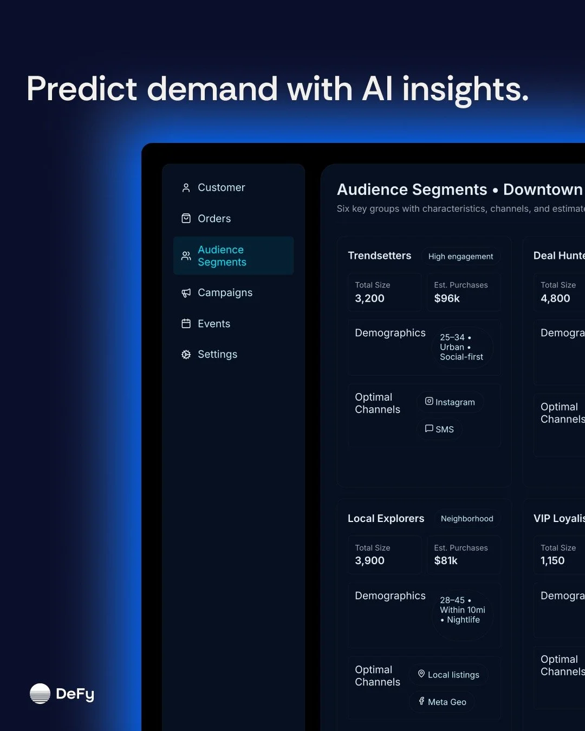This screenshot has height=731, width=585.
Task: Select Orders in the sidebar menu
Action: coord(214,219)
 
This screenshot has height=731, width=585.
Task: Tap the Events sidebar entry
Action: coord(213,324)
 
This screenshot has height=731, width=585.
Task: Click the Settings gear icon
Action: coord(186,355)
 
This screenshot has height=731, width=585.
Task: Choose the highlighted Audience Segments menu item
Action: coord(233,256)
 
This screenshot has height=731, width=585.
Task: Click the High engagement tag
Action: coord(460,257)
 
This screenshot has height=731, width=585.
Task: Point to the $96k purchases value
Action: coord(447,298)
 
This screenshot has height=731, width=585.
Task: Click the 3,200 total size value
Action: coord(369,298)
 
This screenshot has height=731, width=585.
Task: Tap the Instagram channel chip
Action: coord(450,402)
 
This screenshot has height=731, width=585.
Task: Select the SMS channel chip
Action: coord(439,429)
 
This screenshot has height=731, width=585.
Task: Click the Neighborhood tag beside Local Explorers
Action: coord(467,519)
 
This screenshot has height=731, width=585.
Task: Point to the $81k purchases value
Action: coord(446,561)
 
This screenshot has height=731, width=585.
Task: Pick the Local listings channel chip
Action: coord(448,675)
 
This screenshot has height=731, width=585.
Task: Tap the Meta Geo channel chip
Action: coord(442,702)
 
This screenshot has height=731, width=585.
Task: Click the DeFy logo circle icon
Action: coord(40,694)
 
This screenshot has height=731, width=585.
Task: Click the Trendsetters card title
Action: coord(379,256)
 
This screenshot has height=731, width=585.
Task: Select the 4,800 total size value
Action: coord(555,298)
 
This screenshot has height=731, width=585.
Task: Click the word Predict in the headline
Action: coord(82,89)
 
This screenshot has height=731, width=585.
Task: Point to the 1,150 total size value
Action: coord(552,561)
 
